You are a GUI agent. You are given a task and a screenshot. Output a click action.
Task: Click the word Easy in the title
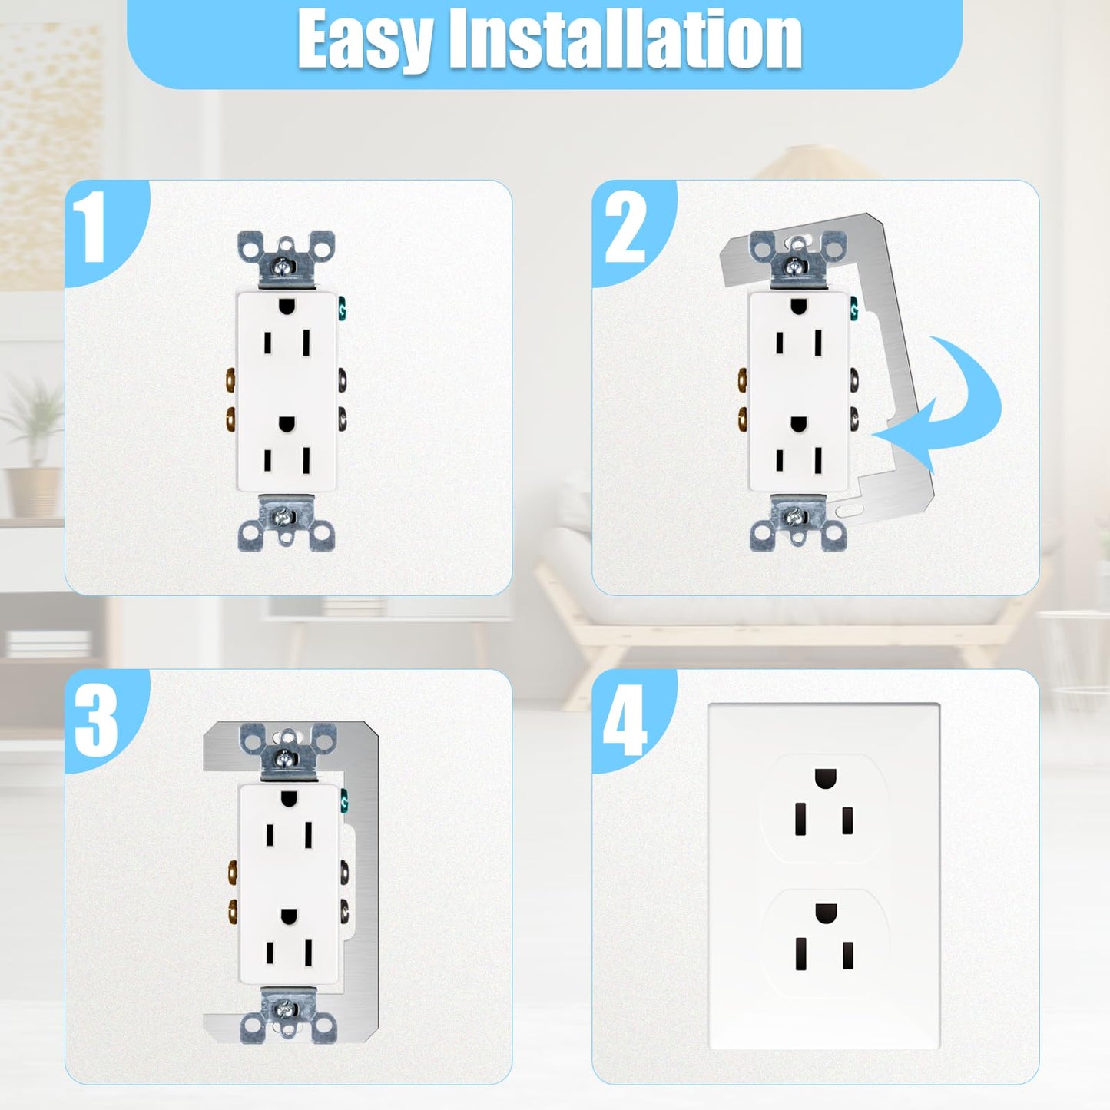click(x=364, y=40)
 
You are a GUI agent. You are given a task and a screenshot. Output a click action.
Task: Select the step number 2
click(x=625, y=228)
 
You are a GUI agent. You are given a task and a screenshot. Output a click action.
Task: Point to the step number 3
click(x=97, y=720)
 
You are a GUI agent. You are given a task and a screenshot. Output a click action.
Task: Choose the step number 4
click(x=625, y=720)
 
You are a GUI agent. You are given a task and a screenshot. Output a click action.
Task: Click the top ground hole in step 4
click(x=824, y=778)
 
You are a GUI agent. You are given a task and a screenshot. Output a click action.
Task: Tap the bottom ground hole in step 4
click(x=824, y=914)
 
